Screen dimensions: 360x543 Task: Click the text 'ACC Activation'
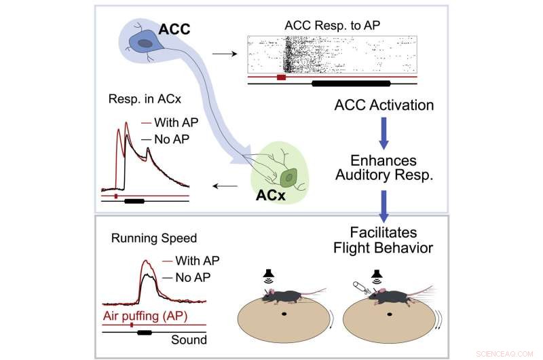(384, 105)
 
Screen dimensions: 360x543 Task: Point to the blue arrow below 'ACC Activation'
(384, 133)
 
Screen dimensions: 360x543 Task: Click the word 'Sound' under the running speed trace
(189, 340)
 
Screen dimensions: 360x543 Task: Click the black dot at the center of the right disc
(390, 314)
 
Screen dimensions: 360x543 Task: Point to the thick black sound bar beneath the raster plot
(351, 84)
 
